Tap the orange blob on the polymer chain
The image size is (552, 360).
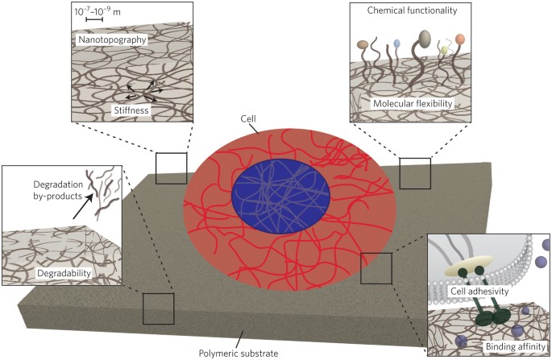(x=460, y=39)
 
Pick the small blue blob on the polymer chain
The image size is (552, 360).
(x=396, y=43)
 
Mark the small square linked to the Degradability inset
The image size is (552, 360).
(x=158, y=308)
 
